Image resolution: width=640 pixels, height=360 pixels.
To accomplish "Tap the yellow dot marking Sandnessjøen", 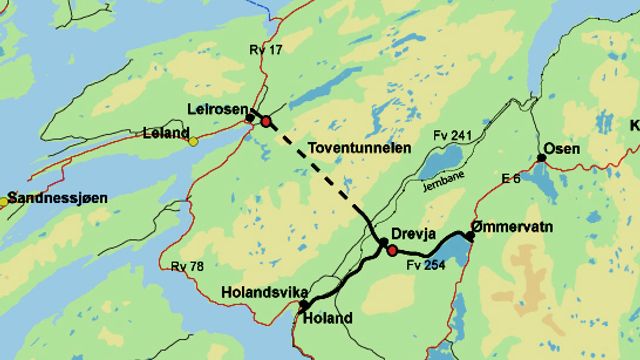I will click(x=3, y=202).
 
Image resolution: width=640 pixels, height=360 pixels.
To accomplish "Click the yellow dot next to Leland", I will click(x=194, y=141).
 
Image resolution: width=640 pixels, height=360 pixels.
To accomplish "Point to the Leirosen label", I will click(x=217, y=108).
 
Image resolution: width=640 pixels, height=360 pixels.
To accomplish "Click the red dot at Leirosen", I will click(x=266, y=121).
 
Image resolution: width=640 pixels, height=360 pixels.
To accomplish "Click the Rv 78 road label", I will click(x=186, y=266).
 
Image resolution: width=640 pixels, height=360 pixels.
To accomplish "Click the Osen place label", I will click(x=568, y=149).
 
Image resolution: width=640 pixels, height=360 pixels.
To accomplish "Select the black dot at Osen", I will click(x=542, y=157).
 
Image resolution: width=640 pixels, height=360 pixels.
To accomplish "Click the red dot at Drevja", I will click(x=392, y=249).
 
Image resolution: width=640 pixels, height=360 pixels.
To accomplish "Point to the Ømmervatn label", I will click(x=514, y=226).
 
